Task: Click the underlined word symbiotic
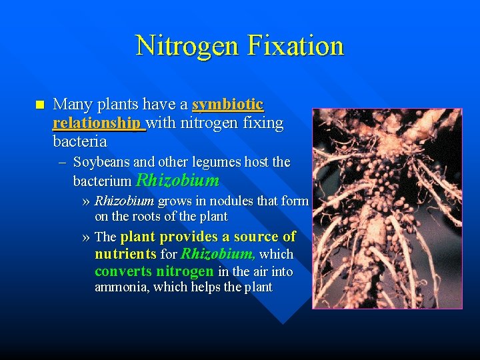coord(227,105)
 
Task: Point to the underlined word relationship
coord(98,123)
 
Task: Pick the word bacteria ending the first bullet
coord(79,141)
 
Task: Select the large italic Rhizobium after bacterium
coord(177,180)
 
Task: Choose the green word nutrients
coord(125,254)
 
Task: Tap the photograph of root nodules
coord(387,208)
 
